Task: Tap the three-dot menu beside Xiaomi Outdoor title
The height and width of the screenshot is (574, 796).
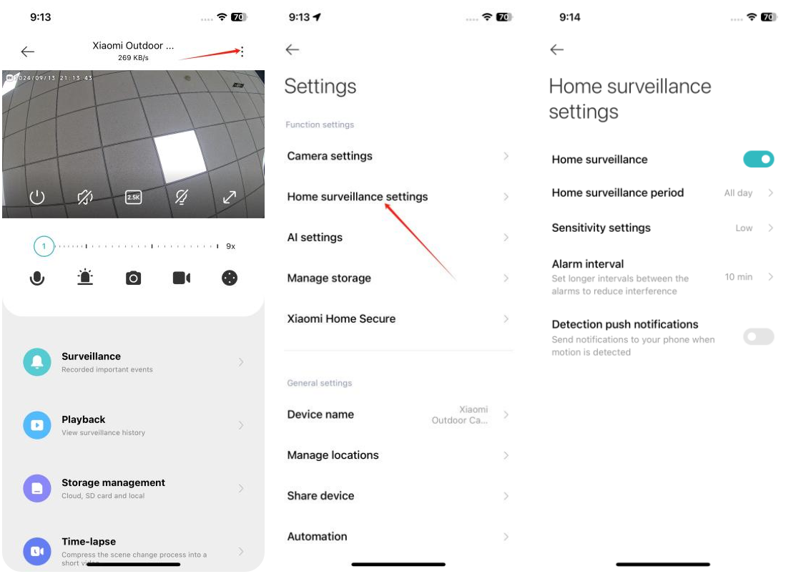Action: (242, 52)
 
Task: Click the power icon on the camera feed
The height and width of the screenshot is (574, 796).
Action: (37, 197)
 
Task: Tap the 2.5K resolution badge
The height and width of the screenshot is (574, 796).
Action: (134, 197)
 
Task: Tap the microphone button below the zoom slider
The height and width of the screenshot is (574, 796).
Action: (37, 278)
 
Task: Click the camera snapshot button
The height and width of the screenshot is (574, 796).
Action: (133, 278)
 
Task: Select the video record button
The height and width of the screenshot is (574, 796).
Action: (181, 278)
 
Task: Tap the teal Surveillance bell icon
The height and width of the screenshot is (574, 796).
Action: (37, 361)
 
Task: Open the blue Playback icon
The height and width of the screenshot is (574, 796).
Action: (37, 425)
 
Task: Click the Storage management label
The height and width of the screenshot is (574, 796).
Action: (113, 482)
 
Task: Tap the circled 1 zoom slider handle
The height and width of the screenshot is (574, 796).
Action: (44, 246)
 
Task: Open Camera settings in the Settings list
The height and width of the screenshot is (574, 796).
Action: (330, 156)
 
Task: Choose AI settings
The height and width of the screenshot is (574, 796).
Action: (315, 237)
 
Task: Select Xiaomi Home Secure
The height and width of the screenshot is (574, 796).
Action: (341, 318)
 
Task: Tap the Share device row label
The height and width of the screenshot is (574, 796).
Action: (320, 496)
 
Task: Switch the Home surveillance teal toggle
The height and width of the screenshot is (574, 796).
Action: (758, 159)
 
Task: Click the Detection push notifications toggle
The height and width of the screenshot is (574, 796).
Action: (758, 336)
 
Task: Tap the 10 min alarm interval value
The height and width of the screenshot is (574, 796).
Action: (739, 277)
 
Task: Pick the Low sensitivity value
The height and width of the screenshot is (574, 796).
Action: (744, 228)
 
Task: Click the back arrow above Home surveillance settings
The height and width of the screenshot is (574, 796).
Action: (557, 49)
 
